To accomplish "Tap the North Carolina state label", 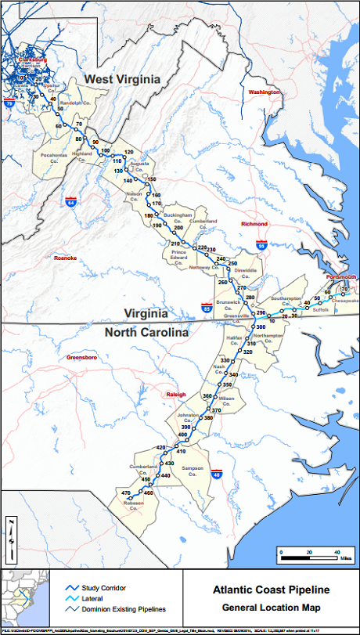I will [146, 332].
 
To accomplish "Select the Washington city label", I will [264, 92].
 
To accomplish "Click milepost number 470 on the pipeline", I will [125, 492].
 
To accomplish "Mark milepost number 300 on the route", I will [261, 327].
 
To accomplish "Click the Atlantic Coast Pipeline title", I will [269, 590].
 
